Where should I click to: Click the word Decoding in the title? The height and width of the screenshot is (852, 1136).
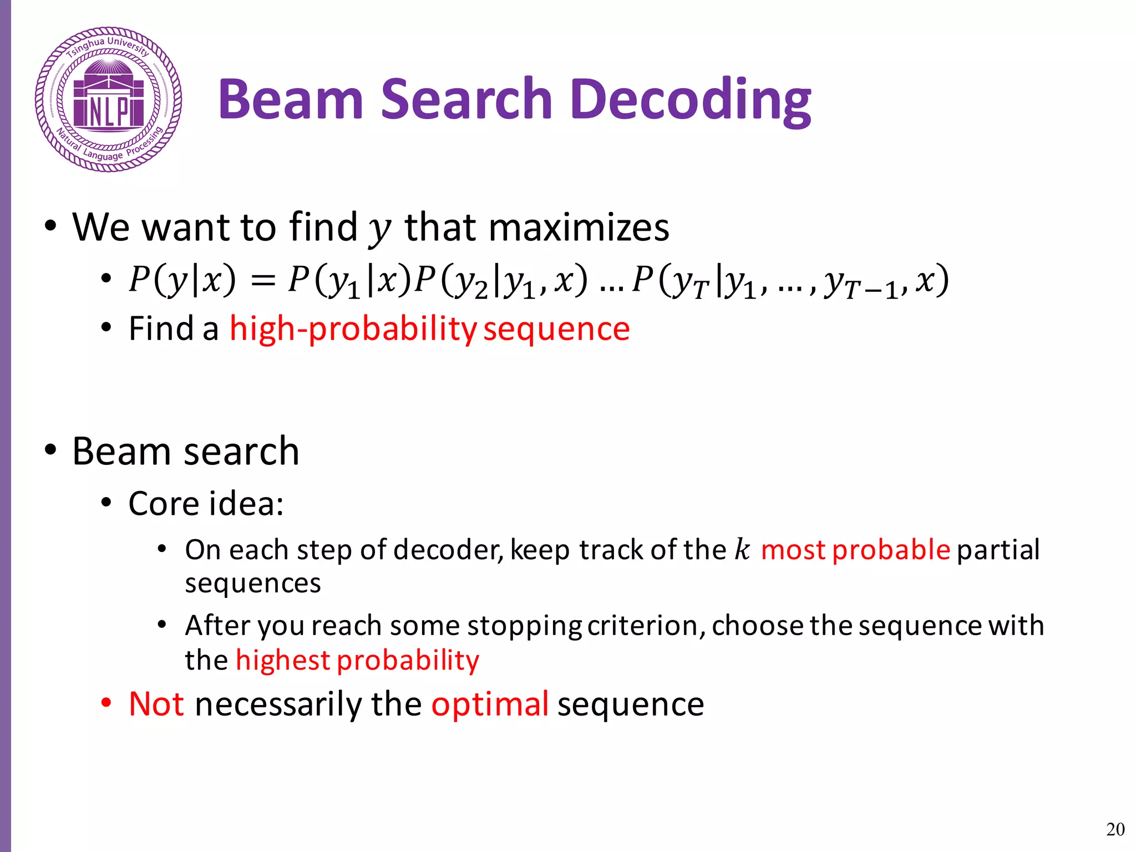690,100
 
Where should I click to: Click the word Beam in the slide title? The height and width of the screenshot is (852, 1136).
290,100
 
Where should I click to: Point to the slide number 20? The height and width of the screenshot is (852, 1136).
1115,829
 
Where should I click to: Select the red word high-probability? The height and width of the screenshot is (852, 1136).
353,329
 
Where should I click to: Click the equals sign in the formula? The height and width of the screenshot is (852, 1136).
263,280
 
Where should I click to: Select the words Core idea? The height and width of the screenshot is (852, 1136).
206,504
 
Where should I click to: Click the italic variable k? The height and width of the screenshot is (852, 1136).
742,550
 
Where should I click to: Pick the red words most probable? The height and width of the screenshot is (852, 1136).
855,550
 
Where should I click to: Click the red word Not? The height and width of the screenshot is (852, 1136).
156,704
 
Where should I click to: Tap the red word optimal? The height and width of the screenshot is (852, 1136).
490,704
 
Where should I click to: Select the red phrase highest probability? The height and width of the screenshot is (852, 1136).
357,660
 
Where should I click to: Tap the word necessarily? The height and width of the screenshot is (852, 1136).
279,704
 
